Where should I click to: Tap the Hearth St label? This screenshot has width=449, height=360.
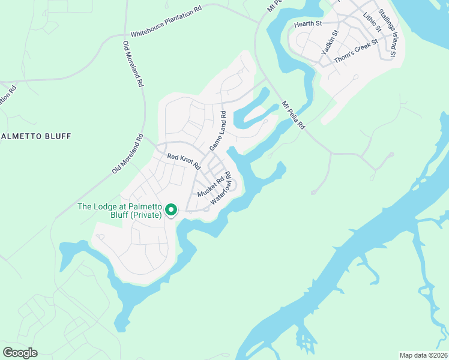point(308,23)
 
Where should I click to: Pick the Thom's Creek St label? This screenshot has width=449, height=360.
point(356,46)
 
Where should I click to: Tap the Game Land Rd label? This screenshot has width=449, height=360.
point(217,131)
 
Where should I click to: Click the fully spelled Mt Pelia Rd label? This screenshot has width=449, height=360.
point(294,115)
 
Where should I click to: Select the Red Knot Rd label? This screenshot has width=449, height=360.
point(183,161)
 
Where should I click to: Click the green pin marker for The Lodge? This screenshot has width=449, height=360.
point(170,210)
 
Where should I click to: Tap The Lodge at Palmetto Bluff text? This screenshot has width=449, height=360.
point(120,211)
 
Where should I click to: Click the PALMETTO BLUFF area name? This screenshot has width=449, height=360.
point(36,136)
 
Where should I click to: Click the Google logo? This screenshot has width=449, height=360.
point(20,353)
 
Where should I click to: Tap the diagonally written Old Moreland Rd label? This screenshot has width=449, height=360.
point(128,154)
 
